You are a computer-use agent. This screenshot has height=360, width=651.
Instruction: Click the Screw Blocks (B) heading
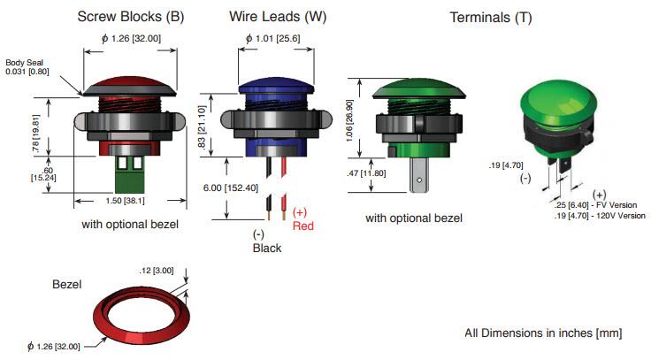coord(131,16)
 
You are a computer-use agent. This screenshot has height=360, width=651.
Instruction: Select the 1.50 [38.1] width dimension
coord(130,201)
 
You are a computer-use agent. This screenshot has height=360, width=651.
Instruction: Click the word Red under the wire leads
coord(303,226)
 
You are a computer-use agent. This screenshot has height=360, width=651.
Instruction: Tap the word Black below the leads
coord(266,248)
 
